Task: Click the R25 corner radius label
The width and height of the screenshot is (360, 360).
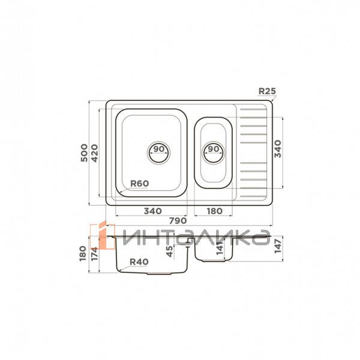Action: pos(267,91)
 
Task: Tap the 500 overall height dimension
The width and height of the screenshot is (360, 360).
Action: pos(84,152)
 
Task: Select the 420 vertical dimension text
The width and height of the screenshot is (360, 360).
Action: pos(94,153)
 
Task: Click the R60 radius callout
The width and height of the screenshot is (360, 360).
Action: pos(139,184)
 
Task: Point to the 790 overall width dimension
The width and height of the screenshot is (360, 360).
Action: pos(178,221)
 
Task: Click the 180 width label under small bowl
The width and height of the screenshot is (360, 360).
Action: pos(214,211)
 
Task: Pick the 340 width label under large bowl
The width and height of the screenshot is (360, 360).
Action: pos(152,211)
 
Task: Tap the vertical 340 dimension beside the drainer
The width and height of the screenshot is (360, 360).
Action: pos(278,149)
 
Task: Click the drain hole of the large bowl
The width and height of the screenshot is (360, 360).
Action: pos(158,152)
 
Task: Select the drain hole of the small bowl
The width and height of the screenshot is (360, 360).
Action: pos(214,152)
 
